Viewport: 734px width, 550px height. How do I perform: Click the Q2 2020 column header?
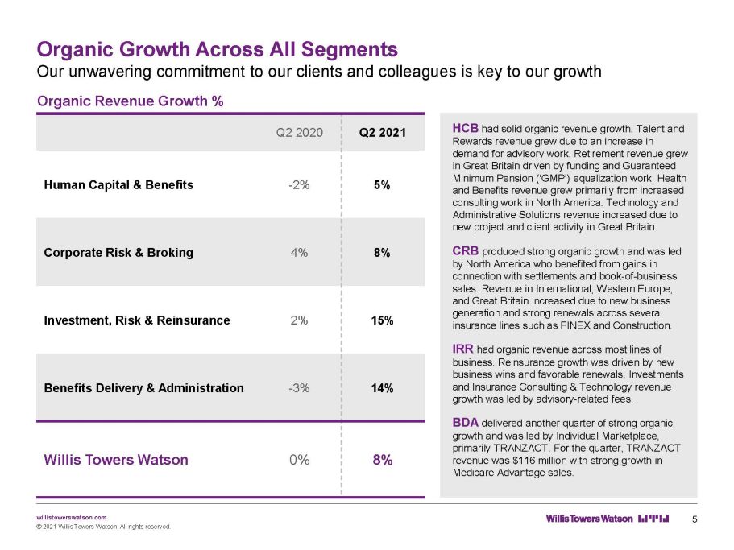point(299,133)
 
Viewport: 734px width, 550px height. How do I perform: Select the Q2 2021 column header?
point(383,133)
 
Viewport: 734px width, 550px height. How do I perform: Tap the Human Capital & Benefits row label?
point(118,185)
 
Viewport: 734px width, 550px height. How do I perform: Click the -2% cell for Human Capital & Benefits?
point(299,185)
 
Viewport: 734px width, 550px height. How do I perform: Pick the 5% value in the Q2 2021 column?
point(382,185)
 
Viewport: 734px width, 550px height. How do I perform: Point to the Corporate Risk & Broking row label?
point(118,253)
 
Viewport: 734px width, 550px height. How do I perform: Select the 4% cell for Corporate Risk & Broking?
point(299,253)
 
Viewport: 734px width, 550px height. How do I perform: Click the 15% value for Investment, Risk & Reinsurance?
point(382,320)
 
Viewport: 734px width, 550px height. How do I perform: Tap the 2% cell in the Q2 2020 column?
point(299,320)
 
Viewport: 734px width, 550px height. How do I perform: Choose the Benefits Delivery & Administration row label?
point(143,388)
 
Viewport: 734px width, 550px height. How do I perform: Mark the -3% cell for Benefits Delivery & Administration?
point(299,388)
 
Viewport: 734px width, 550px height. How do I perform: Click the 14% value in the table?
point(382,388)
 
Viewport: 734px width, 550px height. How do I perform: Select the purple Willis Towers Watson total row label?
point(116,460)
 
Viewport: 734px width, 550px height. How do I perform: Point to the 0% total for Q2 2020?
point(300,460)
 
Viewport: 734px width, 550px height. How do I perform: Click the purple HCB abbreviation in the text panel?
point(466,128)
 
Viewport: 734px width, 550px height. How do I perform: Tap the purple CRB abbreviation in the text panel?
point(466,251)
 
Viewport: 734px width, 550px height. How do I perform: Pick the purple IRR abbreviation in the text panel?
point(462,349)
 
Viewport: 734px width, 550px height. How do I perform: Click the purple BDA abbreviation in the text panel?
point(466,423)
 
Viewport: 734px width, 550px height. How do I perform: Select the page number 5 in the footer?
point(695,519)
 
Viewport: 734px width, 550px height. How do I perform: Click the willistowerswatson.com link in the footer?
point(71,517)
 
